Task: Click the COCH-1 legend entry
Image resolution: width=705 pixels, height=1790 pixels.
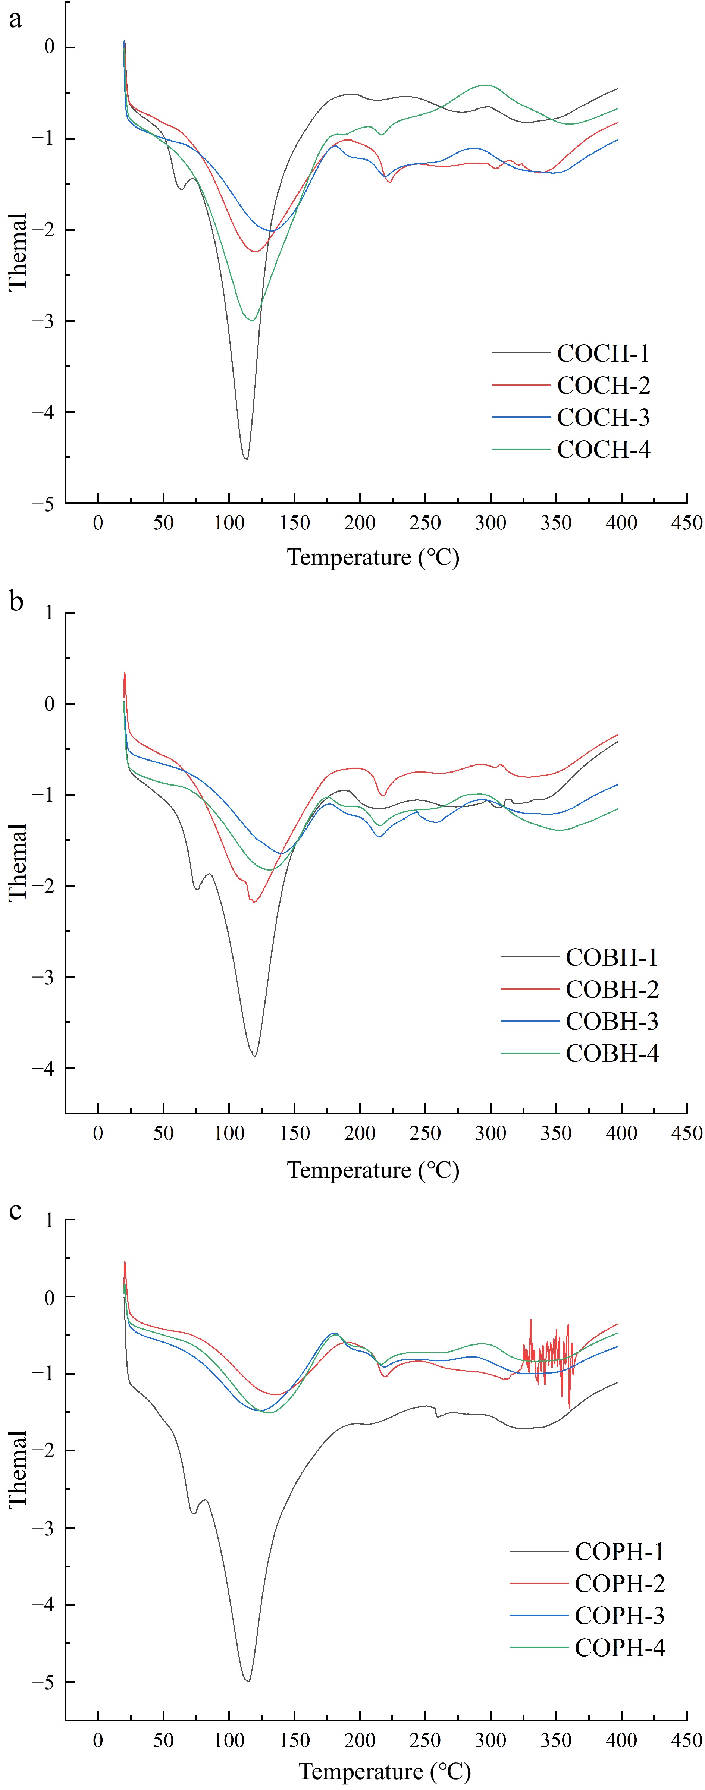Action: pyautogui.click(x=603, y=354)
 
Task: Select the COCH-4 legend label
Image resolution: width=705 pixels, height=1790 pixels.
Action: pyautogui.click(x=603, y=450)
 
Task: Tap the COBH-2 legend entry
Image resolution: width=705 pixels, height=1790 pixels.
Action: pyautogui.click(x=612, y=989)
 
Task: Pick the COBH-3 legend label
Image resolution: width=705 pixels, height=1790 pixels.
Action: pyautogui.click(x=612, y=1021)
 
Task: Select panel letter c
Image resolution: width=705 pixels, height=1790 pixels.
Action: pyautogui.click(x=15, y=1211)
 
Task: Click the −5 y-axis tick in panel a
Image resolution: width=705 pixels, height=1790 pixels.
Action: pyautogui.click(x=43, y=504)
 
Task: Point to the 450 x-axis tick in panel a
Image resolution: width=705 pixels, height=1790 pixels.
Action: pyautogui.click(x=686, y=523)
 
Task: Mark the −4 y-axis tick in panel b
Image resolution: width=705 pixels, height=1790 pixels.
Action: pyautogui.click(x=43, y=1068)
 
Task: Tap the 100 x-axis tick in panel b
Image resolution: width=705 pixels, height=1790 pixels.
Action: pyautogui.click(x=229, y=1133)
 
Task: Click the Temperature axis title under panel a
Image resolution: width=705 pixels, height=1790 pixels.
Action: pyautogui.click(x=373, y=557)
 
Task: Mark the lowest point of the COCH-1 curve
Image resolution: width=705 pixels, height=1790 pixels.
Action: pyautogui.click(x=245, y=458)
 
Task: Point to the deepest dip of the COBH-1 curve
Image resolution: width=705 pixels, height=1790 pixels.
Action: pyautogui.click(x=254, y=1056)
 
